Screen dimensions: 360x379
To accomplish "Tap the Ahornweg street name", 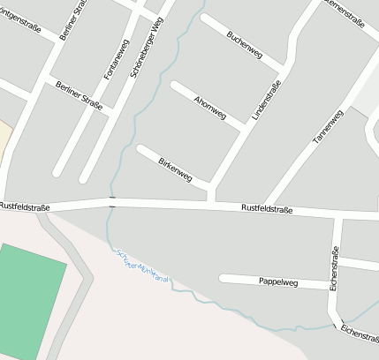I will point(210,106).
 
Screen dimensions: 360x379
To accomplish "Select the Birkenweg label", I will point(175,169).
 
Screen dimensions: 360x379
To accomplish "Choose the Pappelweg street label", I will point(278,282).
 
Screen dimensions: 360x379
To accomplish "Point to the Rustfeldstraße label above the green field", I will point(25,206).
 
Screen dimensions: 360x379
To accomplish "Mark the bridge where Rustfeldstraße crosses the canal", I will point(111,203).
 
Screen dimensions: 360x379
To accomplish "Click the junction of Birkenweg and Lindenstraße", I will point(213,186).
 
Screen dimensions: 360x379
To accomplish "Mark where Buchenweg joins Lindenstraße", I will point(281,68).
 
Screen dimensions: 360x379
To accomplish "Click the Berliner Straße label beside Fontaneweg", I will point(78,96).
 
